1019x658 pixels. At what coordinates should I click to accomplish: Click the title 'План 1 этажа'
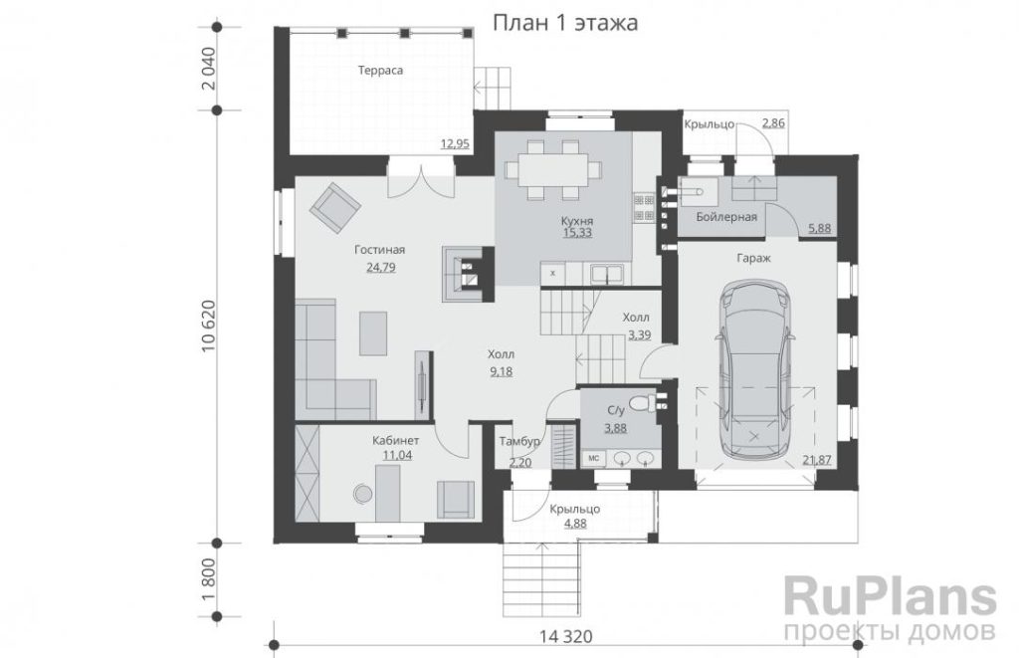pyautogui.click(x=565, y=23)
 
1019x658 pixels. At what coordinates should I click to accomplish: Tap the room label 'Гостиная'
pyautogui.click(x=379, y=250)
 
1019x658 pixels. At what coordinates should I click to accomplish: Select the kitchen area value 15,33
pyautogui.click(x=577, y=233)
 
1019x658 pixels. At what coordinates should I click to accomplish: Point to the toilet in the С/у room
pyautogui.click(x=643, y=402)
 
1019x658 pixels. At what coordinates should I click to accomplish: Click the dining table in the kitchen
pyautogui.click(x=553, y=170)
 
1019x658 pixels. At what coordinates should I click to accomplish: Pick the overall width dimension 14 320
pyautogui.click(x=565, y=636)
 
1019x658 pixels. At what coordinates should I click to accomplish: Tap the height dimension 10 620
pyautogui.click(x=208, y=327)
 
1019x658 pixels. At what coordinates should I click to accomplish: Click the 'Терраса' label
pyautogui.click(x=381, y=71)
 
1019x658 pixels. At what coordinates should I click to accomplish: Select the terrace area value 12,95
pyautogui.click(x=455, y=143)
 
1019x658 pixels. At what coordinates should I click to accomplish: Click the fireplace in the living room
pyautogui.click(x=464, y=273)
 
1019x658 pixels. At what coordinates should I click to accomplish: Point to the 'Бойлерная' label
pyautogui.click(x=726, y=217)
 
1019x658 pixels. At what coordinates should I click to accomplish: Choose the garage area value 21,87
pyautogui.click(x=818, y=460)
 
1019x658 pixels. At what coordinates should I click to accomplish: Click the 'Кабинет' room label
pyautogui.click(x=396, y=440)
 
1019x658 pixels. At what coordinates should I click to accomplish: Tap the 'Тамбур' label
pyautogui.click(x=519, y=441)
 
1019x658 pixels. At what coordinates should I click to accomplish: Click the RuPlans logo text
pyautogui.click(x=890, y=596)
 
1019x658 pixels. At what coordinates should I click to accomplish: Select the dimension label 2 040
pyautogui.click(x=208, y=69)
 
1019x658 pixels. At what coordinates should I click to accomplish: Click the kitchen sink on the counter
pyautogui.click(x=606, y=274)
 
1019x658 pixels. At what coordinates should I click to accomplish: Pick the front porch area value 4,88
pyautogui.click(x=574, y=523)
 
